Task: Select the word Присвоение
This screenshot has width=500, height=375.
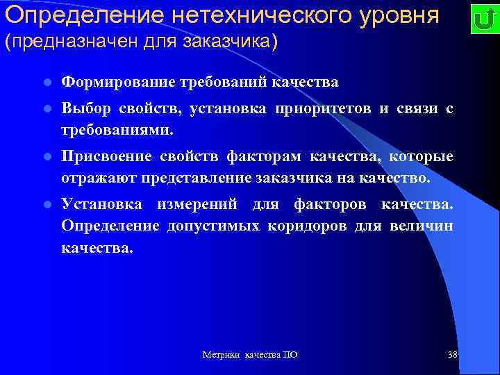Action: [x=104, y=156]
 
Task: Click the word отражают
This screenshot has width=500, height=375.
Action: [x=99, y=178]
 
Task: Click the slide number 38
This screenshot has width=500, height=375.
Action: [x=452, y=355]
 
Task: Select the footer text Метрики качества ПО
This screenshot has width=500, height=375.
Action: [x=250, y=355]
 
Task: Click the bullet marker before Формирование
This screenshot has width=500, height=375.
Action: [x=47, y=83]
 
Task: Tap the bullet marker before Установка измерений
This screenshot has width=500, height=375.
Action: [x=47, y=204]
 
